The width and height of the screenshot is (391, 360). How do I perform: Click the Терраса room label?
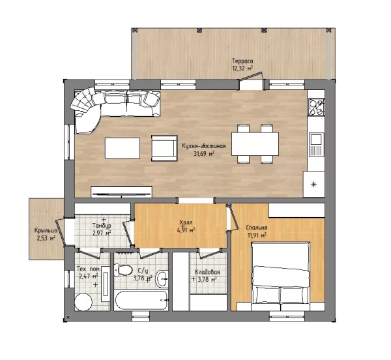point(242,61)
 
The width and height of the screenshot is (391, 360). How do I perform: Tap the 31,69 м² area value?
point(204,154)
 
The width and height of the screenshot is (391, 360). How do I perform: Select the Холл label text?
point(186,222)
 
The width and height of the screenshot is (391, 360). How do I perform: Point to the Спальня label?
point(257,228)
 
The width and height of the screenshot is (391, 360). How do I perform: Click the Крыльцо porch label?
point(46,231)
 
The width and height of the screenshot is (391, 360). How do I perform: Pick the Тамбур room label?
point(102,226)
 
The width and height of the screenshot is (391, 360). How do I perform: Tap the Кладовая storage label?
point(207,272)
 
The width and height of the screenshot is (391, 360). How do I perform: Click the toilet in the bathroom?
point(123,270)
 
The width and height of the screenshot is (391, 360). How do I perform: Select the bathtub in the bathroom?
point(141,300)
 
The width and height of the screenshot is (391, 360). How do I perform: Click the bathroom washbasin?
point(162,278)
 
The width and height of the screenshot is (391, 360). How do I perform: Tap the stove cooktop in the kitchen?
point(316,107)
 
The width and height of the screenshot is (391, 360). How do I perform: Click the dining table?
point(255,144)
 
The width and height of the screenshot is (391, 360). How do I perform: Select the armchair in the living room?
point(164,148)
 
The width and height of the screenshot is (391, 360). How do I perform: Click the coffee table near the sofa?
point(123,148)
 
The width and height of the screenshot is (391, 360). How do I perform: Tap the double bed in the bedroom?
point(281,273)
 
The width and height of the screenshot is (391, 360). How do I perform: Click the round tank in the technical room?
point(83,302)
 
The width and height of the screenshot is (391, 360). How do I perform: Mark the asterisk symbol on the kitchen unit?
point(313,185)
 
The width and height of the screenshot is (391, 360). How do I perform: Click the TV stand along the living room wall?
point(122,192)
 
